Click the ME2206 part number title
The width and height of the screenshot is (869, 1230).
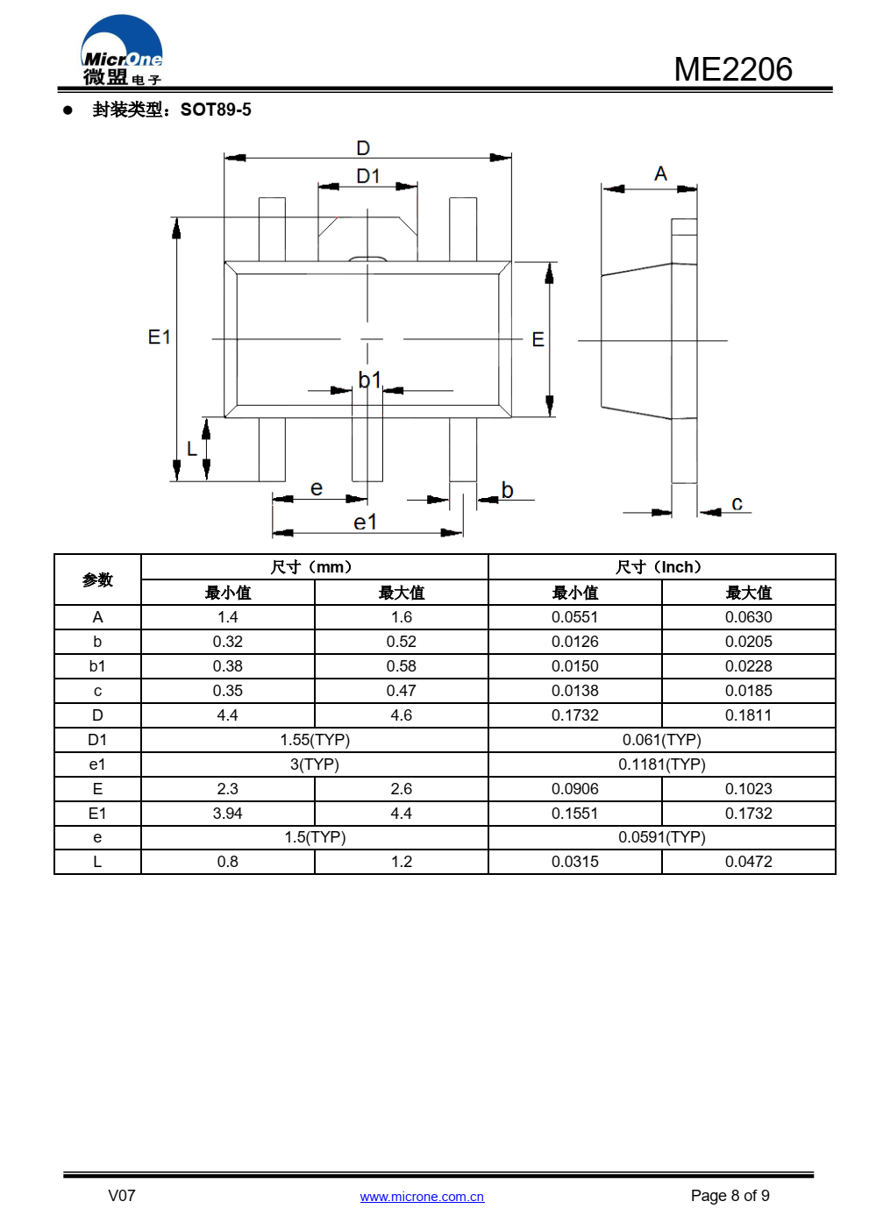coord(732,69)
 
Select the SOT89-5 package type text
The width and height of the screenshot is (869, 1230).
coord(216,110)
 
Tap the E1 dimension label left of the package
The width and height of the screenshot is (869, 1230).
coord(159,337)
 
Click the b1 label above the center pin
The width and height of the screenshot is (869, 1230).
coord(369,380)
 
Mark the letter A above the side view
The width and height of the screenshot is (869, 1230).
coord(660,174)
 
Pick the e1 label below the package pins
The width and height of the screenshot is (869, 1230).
coord(366,523)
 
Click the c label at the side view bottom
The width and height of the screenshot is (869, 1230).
coord(737,503)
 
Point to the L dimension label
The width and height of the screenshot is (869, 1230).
coord(191,449)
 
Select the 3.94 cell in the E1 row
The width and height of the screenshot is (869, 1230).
coord(227,814)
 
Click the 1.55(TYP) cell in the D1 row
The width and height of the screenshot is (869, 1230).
coord(315,740)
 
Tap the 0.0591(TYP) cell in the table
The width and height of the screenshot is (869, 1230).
coord(661,837)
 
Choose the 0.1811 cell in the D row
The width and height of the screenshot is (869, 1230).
coord(748,715)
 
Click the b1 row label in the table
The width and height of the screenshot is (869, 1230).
coord(97,666)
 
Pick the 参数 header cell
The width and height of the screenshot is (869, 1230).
coord(98,579)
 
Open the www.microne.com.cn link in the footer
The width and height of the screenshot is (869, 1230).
coord(422,1197)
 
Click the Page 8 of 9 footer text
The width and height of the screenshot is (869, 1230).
coord(730,1196)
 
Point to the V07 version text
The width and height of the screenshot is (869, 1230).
coord(121,1196)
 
